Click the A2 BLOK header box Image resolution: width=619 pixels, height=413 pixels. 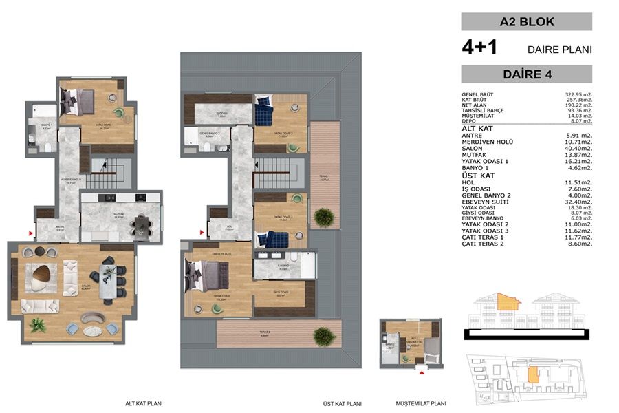tap(527, 22)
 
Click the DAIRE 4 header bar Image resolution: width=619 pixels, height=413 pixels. tap(527, 74)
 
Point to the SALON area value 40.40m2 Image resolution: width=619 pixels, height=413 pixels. tap(577, 149)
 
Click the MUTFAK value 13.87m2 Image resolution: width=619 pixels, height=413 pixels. tap(577, 155)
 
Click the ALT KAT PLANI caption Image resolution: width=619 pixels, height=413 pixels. tap(144, 405)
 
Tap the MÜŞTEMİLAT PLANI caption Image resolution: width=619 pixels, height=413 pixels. tap(421, 405)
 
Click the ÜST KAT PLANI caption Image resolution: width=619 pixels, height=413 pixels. tap(343, 405)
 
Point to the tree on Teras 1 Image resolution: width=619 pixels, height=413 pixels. tap(323, 218)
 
